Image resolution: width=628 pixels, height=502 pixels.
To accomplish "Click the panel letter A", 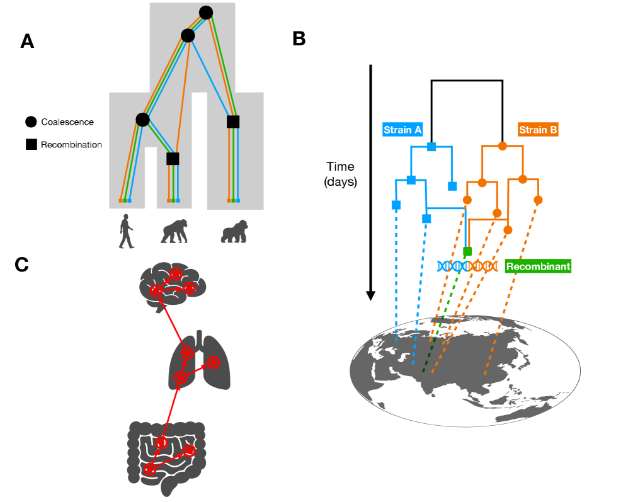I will coord(27,41).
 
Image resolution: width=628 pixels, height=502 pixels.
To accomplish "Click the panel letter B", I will coord(299,38).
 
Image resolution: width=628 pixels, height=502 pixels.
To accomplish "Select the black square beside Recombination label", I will coord(30,145).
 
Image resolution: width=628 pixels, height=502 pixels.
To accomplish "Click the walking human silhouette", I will coord(127,231).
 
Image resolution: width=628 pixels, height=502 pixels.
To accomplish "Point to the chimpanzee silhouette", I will coord(173,231).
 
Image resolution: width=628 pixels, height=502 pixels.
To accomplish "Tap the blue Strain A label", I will coord(402,130).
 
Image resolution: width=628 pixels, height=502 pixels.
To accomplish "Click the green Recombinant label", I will coord(538,266).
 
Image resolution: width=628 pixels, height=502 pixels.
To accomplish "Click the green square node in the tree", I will coord(467,251).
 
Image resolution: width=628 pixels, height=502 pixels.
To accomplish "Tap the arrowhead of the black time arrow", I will coord(371,294).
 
